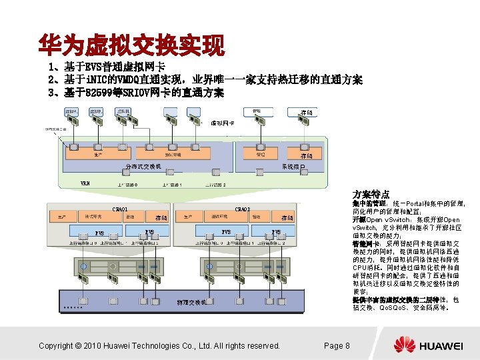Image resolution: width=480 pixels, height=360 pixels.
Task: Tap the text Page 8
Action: click(x=337, y=345)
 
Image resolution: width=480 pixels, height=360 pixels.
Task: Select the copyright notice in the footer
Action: click(x=159, y=345)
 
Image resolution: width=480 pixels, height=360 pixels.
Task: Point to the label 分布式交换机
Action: click(x=143, y=166)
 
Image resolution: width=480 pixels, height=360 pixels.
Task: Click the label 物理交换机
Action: click(x=191, y=303)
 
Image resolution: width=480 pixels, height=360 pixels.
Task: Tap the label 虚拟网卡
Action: click(x=223, y=123)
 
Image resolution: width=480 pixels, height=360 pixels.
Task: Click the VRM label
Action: click(x=85, y=183)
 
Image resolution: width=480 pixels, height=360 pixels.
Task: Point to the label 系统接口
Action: click(x=293, y=166)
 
